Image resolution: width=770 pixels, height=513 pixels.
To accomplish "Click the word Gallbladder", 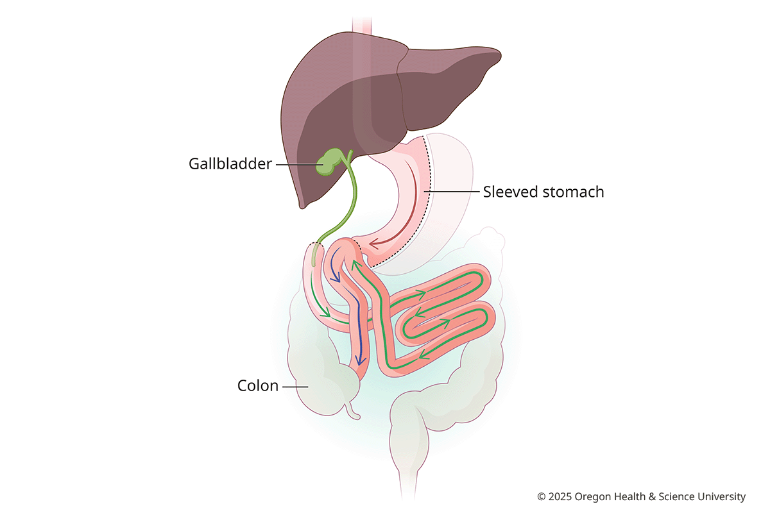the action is tap(230, 164).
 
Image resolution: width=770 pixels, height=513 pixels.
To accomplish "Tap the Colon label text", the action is tap(258, 385).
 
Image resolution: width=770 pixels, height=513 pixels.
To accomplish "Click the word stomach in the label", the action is tap(570, 192).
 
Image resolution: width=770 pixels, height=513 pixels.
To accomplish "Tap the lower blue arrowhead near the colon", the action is tap(360, 360).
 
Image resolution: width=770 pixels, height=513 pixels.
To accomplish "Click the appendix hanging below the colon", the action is tap(353, 410).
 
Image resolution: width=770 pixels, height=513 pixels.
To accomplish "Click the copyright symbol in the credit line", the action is tap(542, 497).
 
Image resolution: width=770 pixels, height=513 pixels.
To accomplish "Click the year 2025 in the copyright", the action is tap(560, 497).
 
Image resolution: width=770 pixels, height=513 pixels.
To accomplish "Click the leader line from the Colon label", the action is tap(295, 387).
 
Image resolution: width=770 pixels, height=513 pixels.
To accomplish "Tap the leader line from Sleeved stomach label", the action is tap(451, 191).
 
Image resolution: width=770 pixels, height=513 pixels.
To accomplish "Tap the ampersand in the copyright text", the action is tap(652, 497).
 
